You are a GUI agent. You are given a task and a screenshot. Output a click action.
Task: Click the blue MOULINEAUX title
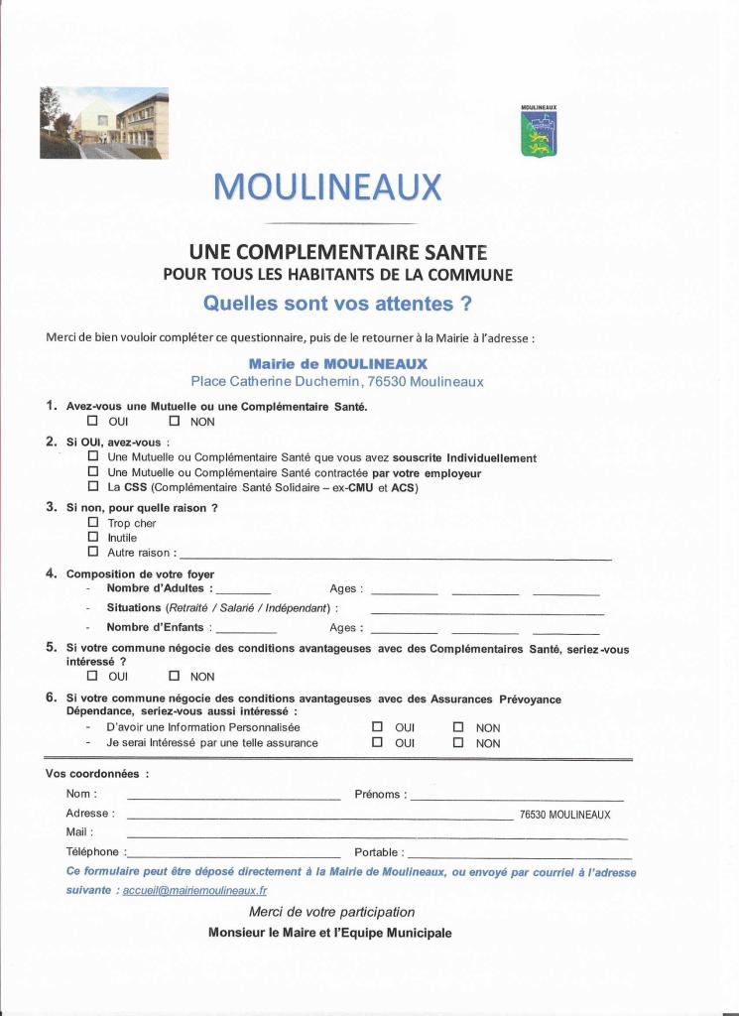point(327,187)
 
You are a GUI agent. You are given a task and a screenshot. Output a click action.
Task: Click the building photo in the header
point(104,123)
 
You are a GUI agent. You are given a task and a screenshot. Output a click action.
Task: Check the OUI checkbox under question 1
point(93,421)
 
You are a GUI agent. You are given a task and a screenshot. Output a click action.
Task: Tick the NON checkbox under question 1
point(174,421)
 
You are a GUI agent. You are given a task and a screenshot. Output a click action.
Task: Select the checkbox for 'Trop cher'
point(93,522)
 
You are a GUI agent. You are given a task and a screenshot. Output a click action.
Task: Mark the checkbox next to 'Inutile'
point(93,537)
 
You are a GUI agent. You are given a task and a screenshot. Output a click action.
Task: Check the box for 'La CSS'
point(93,487)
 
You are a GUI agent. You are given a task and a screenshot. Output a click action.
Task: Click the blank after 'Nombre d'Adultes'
point(243,590)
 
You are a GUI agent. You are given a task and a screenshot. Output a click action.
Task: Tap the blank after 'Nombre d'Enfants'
point(246,629)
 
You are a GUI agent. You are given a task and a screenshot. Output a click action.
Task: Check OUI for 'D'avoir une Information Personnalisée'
point(377,727)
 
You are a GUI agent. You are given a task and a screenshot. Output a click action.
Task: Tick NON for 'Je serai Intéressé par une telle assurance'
point(458,742)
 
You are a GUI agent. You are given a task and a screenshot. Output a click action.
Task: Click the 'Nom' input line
point(233,797)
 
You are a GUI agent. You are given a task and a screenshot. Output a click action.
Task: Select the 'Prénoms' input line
point(517,797)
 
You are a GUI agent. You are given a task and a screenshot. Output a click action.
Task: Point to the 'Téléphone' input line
point(233,854)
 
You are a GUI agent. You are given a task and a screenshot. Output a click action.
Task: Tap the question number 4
point(51,573)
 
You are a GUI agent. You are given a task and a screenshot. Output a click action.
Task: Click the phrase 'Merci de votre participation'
point(332,912)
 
